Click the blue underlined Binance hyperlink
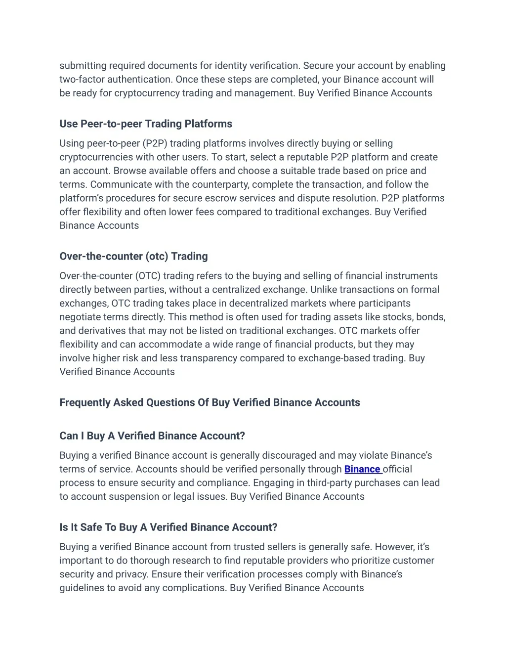[362, 469]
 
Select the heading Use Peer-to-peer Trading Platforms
[146, 124]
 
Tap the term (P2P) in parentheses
[155, 143]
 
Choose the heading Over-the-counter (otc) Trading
[133, 256]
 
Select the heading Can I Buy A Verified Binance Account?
[152, 436]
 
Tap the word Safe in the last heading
[91, 527]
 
